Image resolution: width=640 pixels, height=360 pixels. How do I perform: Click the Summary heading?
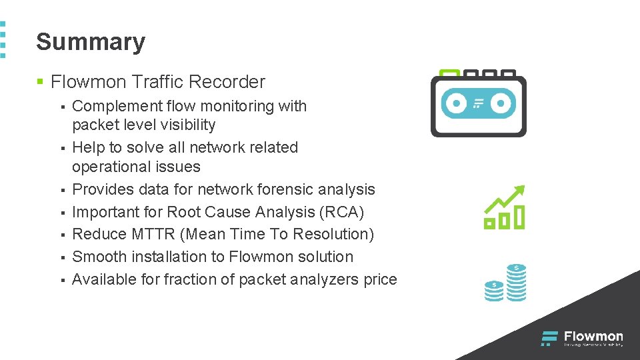point(91,42)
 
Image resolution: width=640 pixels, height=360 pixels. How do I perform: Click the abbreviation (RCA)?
point(342,212)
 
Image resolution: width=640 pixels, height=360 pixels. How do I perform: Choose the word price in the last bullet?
point(380,279)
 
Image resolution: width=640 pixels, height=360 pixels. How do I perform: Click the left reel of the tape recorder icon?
point(456,103)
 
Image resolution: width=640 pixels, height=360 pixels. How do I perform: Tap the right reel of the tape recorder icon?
point(501,103)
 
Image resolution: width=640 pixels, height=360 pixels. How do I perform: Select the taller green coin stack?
point(516,283)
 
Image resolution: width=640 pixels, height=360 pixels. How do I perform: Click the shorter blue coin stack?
point(494,291)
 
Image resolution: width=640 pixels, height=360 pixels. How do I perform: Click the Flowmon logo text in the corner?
point(593,337)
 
